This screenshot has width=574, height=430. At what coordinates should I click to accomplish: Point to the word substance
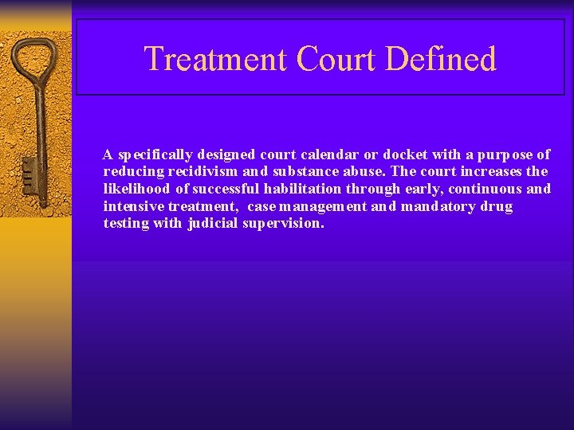click(307, 172)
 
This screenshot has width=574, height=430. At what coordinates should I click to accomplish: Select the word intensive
click(132, 207)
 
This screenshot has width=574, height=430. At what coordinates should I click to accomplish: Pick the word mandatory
click(437, 207)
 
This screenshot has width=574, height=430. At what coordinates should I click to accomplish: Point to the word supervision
click(283, 225)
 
